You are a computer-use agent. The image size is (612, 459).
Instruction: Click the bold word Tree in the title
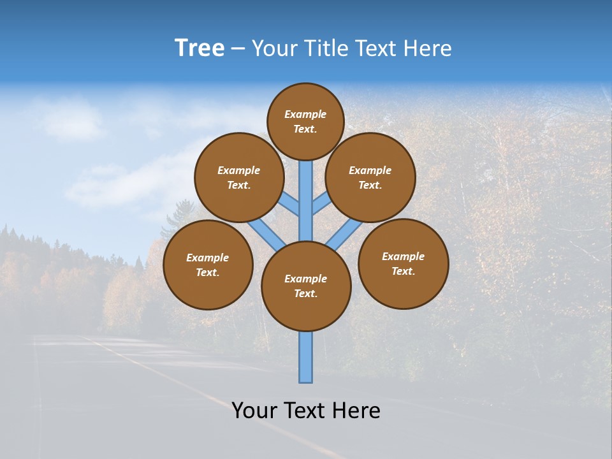[200, 48]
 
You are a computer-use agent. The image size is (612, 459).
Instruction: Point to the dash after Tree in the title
[237, 49]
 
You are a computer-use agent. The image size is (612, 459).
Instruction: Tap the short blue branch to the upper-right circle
[321, 204]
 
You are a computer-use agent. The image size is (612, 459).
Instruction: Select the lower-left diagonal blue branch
[265, 233]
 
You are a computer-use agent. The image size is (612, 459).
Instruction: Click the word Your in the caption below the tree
[254, 411]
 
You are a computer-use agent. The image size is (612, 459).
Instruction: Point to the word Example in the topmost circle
[305, 114]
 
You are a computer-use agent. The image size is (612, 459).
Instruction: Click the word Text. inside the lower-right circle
[403, 271]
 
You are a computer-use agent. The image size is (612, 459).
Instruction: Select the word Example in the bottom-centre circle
[305, 279]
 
